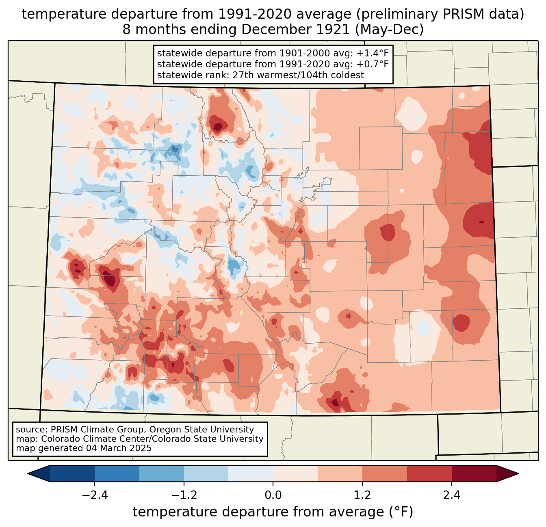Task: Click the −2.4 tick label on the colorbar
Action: (94, 495)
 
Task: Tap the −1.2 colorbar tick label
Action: (184, 495)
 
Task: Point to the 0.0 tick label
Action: (273, 495)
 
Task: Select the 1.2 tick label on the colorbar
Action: (362, 495)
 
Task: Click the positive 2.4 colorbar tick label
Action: (452, 495)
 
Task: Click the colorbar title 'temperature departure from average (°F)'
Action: (273, 512)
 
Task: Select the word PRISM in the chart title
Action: (457, 14)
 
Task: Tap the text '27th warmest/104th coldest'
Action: (299, 75)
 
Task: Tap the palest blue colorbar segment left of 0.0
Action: (251, 473)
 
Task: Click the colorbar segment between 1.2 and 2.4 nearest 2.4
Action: (429, 473)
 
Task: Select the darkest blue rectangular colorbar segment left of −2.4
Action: (72, 473)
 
